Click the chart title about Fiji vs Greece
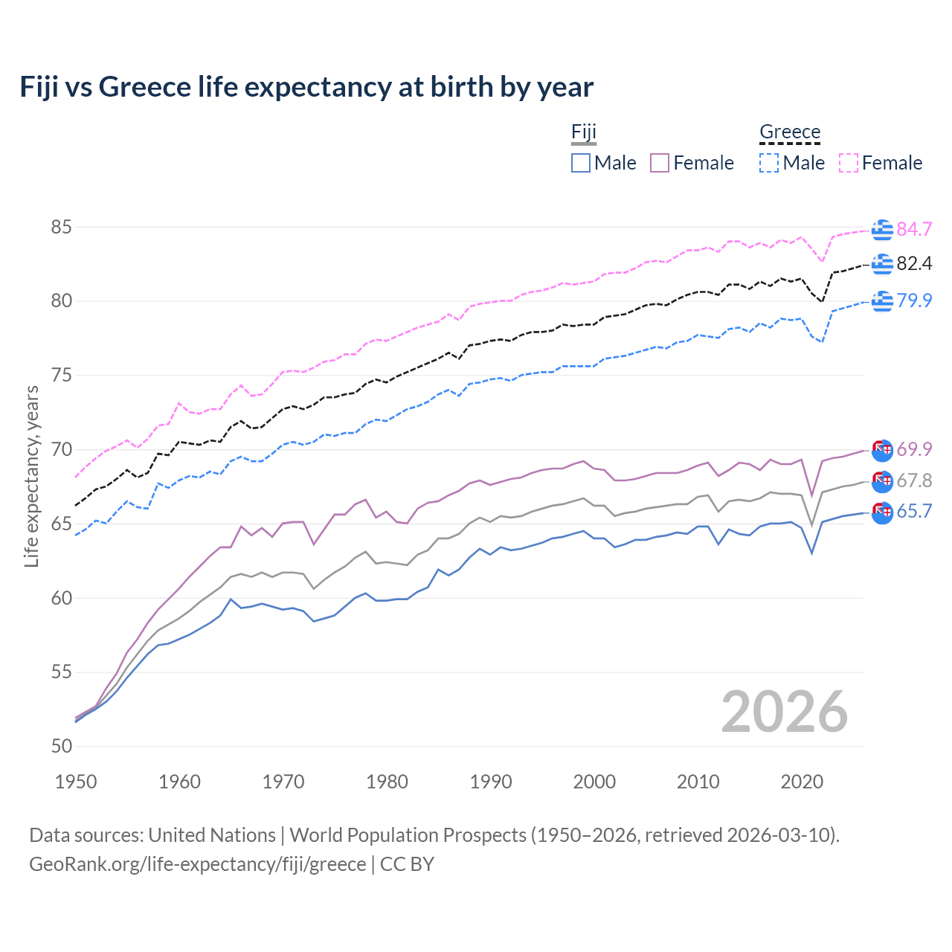pyautogui.click(x=306, y=87)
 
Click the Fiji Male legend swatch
pyautogui.click(x=581, y=163)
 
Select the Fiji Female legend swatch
pyautogui.click(x=660, y=163)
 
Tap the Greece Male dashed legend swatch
pyautogui.click(x=769, y=163)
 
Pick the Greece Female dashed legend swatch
pyautogui.click(x=849, y=163)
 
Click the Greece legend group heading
pyautogui.click(x=790, y=132)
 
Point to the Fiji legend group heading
pyautogui.click(x=584, y=132)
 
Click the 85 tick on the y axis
pyautogui.click(x=61, y=227)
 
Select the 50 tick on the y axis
pyautogui.click(x=61, y=746)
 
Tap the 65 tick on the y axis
pyautogui.click(x=61, y=524)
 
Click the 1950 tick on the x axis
pyautogui.click(x=76, y=782)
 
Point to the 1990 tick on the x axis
pyautogui.click(x=491, y=782)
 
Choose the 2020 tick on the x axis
pyautogui.click(x=802, y=782)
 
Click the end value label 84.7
pyautogui.click(x=914, y=229)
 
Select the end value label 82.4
pyautogui.click(x=914, y=264)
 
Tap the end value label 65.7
pyautogui.click(x=914, y=512)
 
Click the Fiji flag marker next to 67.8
pyautogui.click(x=882, y=481)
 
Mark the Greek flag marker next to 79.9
pyautogui.click(x=882, y=301)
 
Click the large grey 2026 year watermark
pyautogui.click(x=785, y=712)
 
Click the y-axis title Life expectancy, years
pyautogui.click(x=32, y=476)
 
